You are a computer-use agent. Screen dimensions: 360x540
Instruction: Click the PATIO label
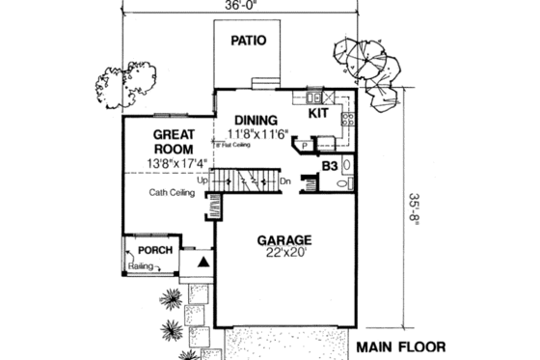pos(248,41)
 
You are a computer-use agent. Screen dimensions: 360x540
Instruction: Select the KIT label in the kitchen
pos(319,113)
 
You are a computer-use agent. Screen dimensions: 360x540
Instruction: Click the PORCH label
pos(154,251)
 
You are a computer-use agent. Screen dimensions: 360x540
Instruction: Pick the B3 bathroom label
pos(330,167)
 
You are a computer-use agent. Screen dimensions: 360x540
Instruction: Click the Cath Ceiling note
pos(172,193)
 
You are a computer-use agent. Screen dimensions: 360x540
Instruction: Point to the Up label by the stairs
pos(202,180)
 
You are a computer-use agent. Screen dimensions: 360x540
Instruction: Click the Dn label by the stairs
pos(285,180)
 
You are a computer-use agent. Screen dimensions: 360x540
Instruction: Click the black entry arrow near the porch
pos(203,262)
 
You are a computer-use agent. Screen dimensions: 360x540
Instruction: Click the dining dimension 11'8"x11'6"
pos(259,134)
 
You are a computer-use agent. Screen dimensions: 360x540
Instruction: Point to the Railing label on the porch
pos(141,265)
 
